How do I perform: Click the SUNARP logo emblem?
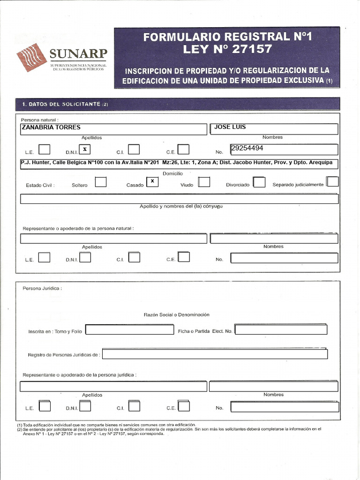(x=31, y=57)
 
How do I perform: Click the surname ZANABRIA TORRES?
(x=51, y=127)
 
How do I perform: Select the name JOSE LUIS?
(x=230, y=127)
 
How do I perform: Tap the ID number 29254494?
(x=247, y=148)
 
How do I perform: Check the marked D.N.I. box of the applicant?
(x=84, y=150)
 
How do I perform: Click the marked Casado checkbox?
(x=152, y=181)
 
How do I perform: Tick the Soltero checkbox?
(x=100, y=182)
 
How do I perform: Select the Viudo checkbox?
(x=204, y=182)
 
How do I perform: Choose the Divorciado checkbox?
(x=259, y=182)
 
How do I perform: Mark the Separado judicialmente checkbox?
(x=333, y=181)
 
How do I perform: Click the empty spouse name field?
(x=179, y=199)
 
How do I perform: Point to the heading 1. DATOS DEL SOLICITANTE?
(x=62, y=104)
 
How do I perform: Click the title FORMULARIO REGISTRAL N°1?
(x=227, y=37)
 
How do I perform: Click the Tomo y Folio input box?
(x=129, y=330)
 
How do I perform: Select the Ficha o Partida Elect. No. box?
(x=281, y=330)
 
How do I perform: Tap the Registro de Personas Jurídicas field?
(x=215, y=354)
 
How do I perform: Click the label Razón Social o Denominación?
(x=176, y=315)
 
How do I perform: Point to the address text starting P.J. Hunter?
(x=179, y=163)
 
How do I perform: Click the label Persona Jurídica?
(x=42, y=288)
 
